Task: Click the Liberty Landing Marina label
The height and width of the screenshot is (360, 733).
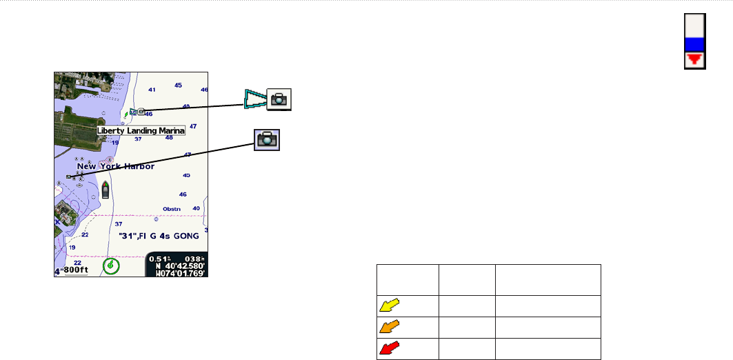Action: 141,130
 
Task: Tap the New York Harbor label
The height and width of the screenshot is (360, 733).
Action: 116,166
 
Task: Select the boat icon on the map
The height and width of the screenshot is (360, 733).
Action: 106,190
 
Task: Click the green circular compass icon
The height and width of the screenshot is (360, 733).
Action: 110,266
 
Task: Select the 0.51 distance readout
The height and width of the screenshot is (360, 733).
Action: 160,259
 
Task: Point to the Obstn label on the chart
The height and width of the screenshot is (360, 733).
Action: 172,208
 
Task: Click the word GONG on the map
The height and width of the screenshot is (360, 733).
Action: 185,236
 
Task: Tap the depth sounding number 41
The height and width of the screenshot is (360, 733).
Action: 152,90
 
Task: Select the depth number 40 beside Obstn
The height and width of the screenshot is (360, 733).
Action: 197,208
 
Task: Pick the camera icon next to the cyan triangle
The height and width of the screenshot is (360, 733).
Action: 279,99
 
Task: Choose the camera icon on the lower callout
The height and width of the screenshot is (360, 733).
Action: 266,139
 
